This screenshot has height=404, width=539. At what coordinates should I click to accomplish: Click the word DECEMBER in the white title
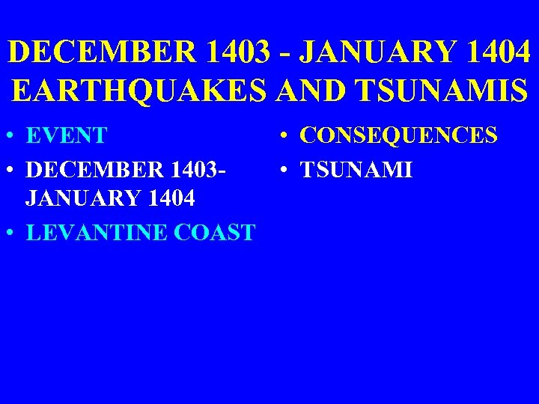click(100, 52)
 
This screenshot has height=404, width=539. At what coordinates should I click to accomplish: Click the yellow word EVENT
click(67, 136)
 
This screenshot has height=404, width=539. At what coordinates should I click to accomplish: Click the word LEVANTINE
click(96, 232)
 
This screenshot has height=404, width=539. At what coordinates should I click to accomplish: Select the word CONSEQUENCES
click(398, 136)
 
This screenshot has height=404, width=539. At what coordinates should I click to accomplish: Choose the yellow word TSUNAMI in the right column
click(356, 169)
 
